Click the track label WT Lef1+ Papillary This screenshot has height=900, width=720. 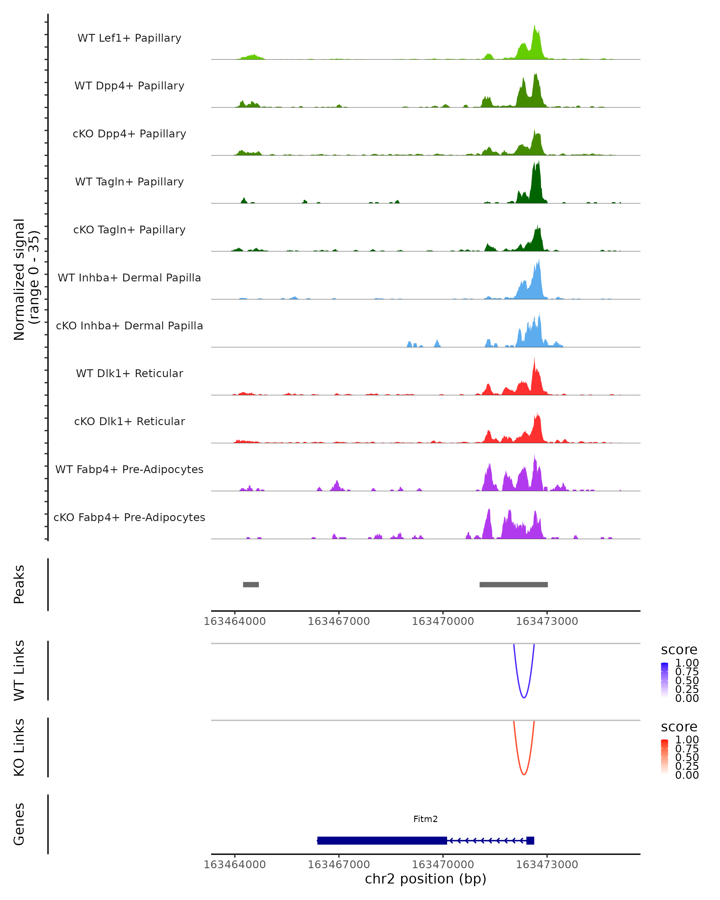tap(129, 38)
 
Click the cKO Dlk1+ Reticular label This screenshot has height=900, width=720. tap(129, 421)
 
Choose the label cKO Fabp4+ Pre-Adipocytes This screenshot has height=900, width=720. tap(129, 517)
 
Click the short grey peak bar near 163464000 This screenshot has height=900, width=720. tap(251, 584)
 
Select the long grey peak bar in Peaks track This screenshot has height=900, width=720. tap(513, 584)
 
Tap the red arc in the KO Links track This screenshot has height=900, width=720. tap(524, 774)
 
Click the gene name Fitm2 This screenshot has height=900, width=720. tap(425, 819)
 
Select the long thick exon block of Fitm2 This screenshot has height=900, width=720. tap(382, 840)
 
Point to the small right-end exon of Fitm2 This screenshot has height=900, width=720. tap(530, 840)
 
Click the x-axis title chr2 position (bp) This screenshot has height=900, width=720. tap(425, 879)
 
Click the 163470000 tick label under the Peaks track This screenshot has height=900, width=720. tap(443, 621)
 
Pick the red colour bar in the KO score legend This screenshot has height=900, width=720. tap(664, 758)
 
